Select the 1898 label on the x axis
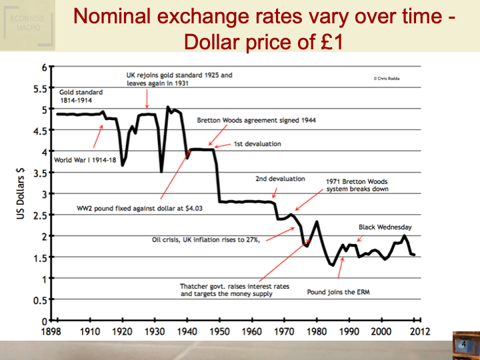[x=53, y=331]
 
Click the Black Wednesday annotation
[x=385, y=227]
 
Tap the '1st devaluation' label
[x=257, y=144]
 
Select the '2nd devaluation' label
[x=280, y=179]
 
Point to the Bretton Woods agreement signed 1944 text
[x=256, y=121]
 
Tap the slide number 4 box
[x=464, y=344]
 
